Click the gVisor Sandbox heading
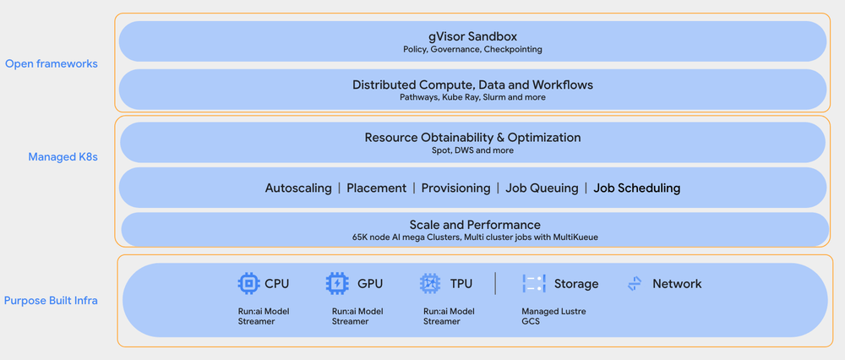tap(472, 36)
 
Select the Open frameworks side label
tap(51, 63)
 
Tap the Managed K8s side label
tap(63, 156)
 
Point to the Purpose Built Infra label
tap(51, 300)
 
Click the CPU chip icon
tap(248, 284)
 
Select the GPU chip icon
tap(337, 284)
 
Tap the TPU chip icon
tap(430, 284)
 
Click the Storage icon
tap(534, 284)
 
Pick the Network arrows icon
tap(635, 284)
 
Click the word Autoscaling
tap(298, 188)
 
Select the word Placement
tap(376, 188)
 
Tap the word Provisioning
tap(455, 188)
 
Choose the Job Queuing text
tap(542, 188)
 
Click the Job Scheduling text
tap(636, 188)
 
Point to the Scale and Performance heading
tap(474, 225)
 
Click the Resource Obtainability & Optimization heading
tap(472, 137)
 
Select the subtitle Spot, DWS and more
tap(472, 150)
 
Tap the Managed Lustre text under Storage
tap(553, 311)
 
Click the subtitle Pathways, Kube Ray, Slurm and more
tap(472, 97)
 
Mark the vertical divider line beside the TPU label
tap(495, 284)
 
